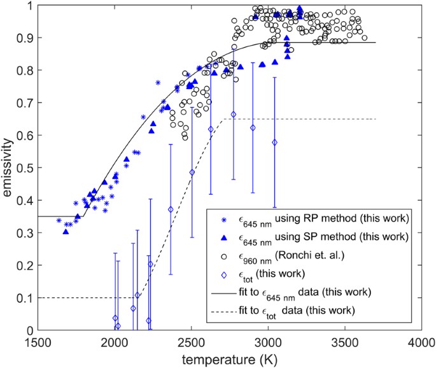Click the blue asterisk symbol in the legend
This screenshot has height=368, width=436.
tap(219, 220)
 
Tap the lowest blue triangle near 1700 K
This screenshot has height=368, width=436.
tap(66, 232)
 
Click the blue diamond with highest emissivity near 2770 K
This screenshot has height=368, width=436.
tap(234, 115)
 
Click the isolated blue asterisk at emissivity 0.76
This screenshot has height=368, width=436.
tap(158, 83)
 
